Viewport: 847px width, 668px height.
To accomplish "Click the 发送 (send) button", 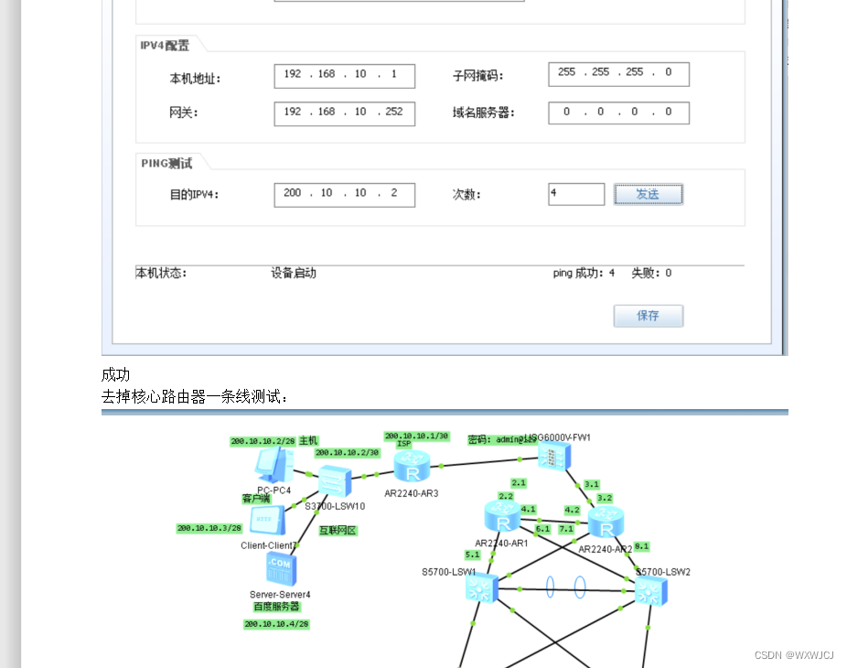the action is (x=648, y=194).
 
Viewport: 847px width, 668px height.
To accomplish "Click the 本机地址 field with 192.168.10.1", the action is (x=344, y=75).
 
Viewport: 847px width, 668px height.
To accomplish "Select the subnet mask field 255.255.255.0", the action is (x=618, y=74).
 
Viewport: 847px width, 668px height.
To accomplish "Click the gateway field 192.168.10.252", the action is (x=344, y=113).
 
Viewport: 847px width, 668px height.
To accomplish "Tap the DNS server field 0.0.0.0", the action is (x=618, y=113).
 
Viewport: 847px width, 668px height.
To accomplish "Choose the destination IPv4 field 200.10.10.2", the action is (x=344, y=194).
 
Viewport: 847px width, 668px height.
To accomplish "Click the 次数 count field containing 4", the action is (x=576, y=194).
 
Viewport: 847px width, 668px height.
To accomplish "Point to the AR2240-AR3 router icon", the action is (x=413, y=469).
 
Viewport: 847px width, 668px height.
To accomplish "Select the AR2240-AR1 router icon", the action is (x=502, y=519).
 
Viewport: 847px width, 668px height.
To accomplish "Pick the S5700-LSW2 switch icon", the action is (x=651, y=591).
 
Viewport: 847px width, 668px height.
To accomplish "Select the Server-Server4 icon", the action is (x=280, y=569).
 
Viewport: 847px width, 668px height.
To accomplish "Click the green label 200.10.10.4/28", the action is (x=276, y=624).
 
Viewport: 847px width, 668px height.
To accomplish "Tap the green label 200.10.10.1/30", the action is (x=417, y=436).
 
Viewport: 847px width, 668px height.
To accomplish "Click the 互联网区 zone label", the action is (x=338, y=531).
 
